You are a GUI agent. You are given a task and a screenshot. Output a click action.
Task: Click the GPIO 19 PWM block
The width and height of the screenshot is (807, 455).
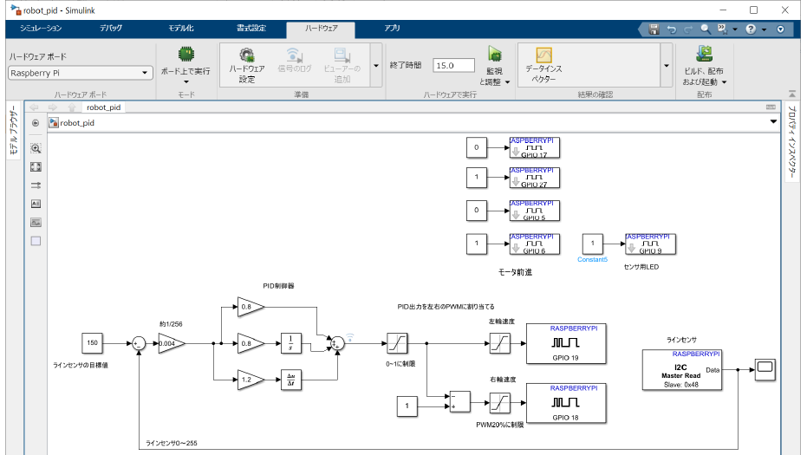[x=565, y=344]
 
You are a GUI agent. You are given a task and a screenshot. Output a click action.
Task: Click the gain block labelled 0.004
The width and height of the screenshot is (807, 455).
[x=171, y=344]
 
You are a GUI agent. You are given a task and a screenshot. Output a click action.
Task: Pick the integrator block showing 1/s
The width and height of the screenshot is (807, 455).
[x=292, y=344]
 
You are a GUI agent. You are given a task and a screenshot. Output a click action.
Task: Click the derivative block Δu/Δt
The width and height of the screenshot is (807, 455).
[x=292, y=379]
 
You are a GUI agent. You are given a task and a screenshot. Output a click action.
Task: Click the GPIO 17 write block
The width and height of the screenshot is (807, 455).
[x=534, y=147]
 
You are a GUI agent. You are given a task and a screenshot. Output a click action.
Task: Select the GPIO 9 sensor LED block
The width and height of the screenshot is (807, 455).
[x=651, y=244]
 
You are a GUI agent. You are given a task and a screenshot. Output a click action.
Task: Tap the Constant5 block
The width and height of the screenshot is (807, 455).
[x=593, y=244]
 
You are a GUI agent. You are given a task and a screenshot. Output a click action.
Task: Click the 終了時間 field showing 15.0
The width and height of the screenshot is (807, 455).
[x=454, y=65]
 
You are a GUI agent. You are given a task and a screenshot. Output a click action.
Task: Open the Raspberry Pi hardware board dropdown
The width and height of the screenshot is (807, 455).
[x=81, y=73]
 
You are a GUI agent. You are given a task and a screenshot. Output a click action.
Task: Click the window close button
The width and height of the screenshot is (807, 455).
[x=786, y=10]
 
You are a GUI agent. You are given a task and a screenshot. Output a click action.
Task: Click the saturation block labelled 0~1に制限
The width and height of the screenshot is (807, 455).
[x=397, y=344]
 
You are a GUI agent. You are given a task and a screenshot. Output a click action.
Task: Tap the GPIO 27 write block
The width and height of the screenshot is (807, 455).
[x=534, y=179]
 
